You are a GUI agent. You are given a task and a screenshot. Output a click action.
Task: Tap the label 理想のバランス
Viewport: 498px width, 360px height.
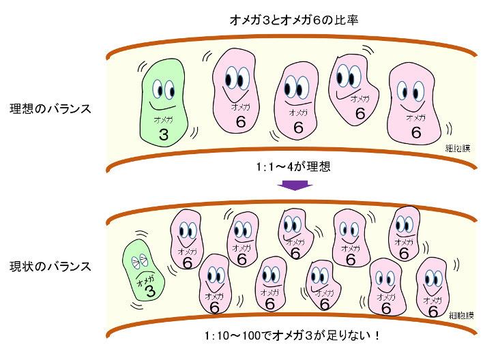tap(50, 108)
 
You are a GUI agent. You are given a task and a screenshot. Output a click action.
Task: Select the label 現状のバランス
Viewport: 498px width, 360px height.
tap(50, 266)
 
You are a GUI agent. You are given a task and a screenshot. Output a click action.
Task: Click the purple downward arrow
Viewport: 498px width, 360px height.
tap(297, 185)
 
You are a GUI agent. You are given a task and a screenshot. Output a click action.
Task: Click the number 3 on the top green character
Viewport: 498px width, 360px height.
tap(163, 134)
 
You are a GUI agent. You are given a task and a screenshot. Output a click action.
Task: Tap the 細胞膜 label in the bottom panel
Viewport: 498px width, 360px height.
tap(462, 314)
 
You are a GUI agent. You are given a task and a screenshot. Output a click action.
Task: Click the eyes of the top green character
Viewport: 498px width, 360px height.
tap(163, 88)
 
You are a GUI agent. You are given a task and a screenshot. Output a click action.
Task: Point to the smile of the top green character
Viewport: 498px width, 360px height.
tap(162, 107)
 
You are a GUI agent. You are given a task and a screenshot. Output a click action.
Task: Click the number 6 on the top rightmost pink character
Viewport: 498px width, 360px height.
tap(415, 132)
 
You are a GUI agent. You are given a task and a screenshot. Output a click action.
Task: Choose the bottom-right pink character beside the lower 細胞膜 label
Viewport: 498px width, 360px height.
tap(432, 286)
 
